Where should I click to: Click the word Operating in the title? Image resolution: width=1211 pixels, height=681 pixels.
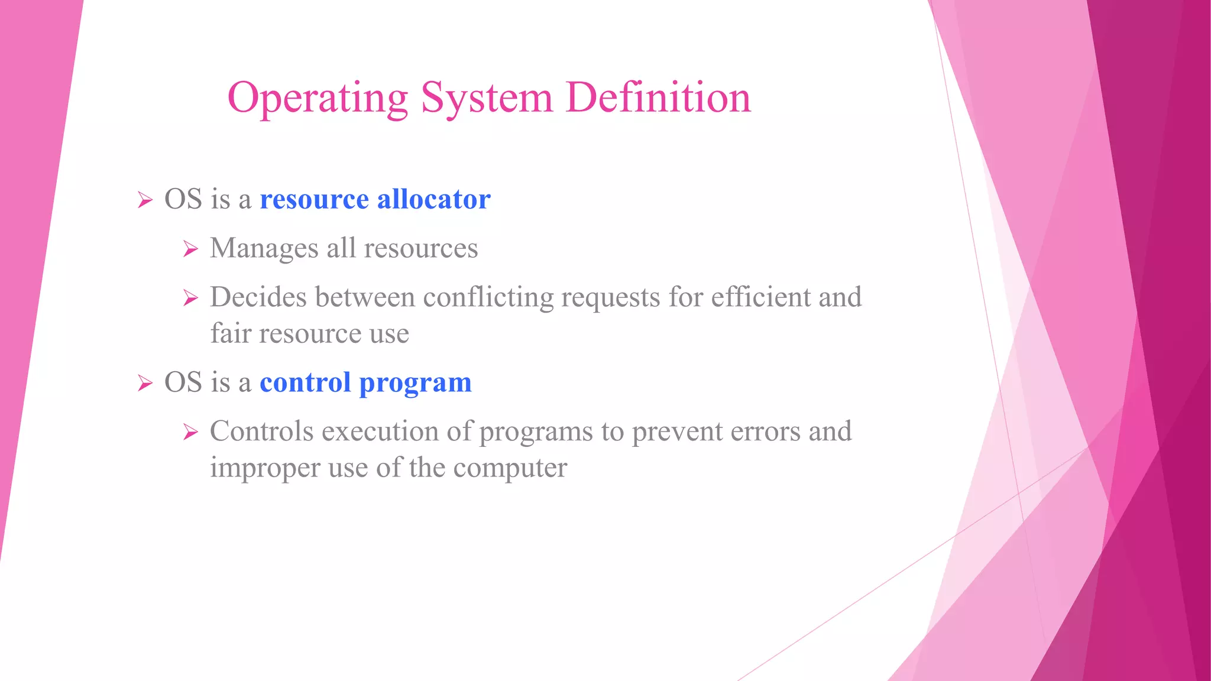click(x=318, y=98)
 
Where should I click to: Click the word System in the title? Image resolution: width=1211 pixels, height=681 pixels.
click(x=486, y=98)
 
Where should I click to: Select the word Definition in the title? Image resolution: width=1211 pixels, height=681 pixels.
click(x=658, y=98)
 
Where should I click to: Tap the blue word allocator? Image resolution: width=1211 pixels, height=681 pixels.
click(x=433, y=199)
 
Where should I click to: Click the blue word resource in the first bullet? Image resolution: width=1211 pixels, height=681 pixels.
click(x=314, y=199)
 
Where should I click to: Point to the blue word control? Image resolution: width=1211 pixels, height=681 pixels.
click(x=305, y=382)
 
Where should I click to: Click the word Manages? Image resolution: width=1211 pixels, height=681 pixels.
click(x=264, y=249)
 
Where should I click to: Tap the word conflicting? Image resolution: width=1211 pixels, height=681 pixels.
click(x=488, y=297)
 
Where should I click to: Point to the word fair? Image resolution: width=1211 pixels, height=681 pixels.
click(x=231, y=333)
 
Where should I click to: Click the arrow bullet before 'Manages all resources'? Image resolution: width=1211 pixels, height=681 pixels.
click(x=190, y=249)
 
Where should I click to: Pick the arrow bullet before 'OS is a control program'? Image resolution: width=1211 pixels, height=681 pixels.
click(x=144, y=383)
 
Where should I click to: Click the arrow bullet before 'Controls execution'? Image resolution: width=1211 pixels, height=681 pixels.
click(x=190, y=432)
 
